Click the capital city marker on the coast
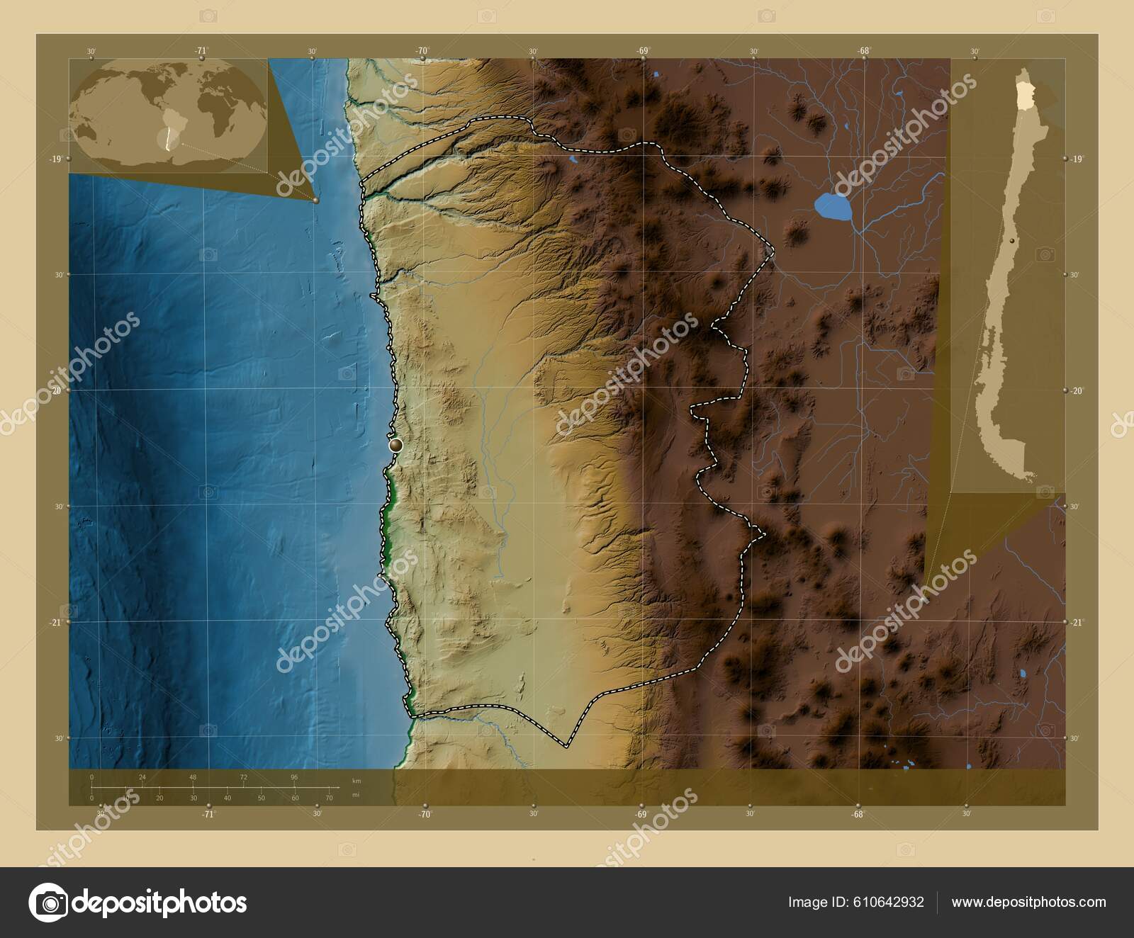395,445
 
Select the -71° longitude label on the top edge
202,50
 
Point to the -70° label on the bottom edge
425,815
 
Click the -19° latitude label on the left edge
55,159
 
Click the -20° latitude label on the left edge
55,390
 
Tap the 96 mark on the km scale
294,777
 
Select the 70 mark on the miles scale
329,798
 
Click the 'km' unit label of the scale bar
357,780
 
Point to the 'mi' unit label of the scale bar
356,795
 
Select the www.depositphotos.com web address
1028,902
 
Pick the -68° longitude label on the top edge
864,50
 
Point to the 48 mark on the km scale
193,777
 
